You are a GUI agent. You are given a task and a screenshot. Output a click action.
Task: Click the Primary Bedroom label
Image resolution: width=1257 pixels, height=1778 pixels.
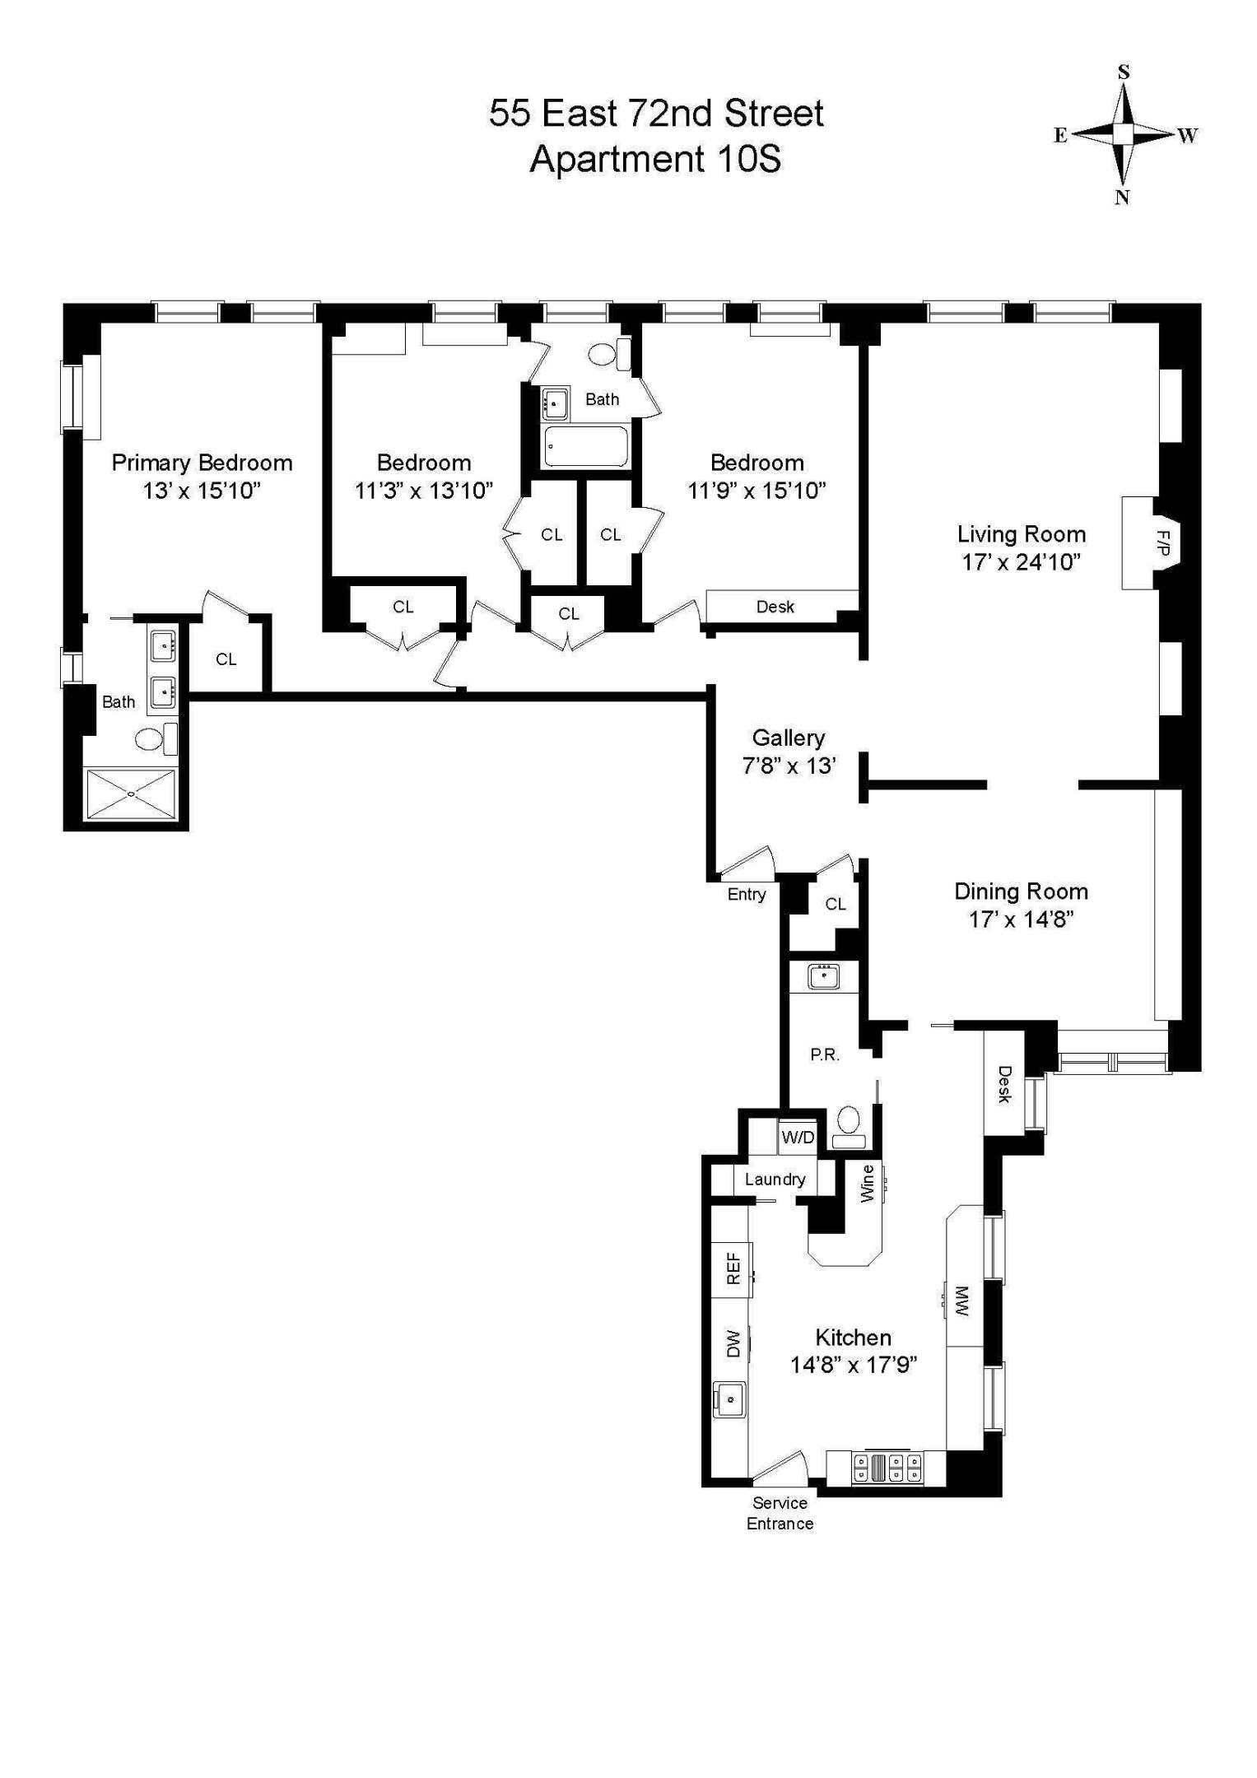(202, 463)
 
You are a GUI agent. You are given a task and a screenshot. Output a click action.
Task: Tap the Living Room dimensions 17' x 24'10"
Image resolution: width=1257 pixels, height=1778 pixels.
(1021, 562)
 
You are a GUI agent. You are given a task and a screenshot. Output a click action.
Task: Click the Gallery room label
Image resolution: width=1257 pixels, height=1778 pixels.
(788, 738)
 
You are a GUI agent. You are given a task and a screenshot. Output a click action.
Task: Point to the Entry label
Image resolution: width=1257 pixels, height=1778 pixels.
(746, 895)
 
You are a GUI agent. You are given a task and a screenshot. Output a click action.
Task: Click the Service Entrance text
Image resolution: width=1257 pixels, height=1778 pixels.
(780, 1513)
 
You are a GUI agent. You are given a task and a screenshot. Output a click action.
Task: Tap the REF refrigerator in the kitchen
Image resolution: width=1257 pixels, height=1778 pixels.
(733, 1268)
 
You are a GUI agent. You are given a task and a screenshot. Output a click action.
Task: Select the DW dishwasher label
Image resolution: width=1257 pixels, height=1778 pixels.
(733, 1343)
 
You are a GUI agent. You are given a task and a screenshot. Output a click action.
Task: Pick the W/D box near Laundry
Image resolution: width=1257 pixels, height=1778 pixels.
(798, 1138)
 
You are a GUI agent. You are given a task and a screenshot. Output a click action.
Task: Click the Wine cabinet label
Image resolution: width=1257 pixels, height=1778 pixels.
(867, 1183)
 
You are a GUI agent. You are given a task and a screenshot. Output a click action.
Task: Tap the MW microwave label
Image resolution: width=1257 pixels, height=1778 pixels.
(962, 1301)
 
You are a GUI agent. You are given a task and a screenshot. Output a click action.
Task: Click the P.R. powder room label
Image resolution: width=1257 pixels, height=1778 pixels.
(824, 1054)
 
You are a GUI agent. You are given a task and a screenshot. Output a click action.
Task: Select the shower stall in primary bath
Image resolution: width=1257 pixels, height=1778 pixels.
(132, 794)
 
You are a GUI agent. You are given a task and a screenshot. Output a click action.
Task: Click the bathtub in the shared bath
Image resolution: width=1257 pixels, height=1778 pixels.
(586, 447)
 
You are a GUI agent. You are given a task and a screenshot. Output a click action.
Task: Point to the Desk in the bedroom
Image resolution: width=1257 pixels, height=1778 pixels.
(775, 607)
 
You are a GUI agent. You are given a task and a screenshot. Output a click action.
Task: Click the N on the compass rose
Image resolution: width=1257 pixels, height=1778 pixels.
(1122, 198)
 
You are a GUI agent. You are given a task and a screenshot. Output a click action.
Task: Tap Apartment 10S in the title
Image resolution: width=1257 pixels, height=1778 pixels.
(654, 159)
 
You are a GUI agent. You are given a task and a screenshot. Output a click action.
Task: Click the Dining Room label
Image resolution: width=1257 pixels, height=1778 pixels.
(1021, 891)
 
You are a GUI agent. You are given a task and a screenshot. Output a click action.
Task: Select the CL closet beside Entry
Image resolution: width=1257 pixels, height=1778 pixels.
(835, 904)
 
